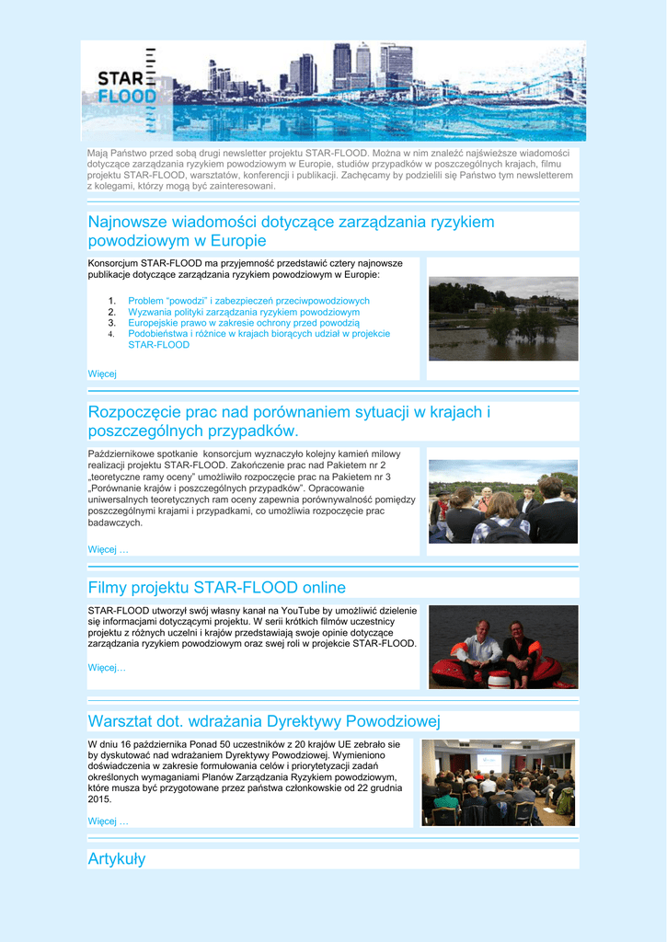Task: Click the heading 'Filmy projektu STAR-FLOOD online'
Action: [216, 588]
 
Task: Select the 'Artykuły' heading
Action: [116, 859]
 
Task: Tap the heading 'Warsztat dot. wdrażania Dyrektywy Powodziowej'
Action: [264, 720]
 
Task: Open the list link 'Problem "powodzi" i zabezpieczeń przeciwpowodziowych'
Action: [248, 301]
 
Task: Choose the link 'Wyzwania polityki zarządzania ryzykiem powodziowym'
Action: [244, 312]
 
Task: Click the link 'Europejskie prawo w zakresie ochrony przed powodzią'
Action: [244, 323]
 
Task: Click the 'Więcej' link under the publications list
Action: [102, 373]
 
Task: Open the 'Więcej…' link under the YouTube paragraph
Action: [107, 667]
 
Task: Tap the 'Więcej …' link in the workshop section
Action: [108, 821]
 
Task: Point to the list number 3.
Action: [111, 323]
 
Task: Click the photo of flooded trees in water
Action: [503, 318]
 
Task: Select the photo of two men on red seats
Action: [503, 647]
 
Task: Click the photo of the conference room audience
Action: [498, 782]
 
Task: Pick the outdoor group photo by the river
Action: [503, 501]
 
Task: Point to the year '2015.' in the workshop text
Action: [100, 799]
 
